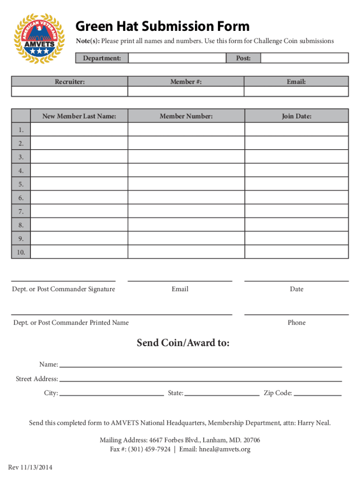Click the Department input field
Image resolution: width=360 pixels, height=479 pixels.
click(177, 58)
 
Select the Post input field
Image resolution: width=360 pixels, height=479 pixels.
click(304, 58)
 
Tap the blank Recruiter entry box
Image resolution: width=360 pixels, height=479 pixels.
click(70, 92)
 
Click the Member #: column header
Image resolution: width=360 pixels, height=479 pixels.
click(186, 82)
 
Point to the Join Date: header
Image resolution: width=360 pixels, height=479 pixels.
click(296, 116)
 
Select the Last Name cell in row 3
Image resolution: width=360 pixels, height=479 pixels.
click(79, 157)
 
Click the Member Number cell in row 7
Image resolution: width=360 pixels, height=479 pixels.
click(186, 211)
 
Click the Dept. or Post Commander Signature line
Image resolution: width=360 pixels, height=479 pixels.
click(63, 280)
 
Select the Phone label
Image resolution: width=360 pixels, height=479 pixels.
click(296, 323)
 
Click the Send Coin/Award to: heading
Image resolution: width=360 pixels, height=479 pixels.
click(183, 343)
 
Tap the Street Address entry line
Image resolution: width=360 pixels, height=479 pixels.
click(200, 380)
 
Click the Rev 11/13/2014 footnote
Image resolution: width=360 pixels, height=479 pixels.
click(30, 467)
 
